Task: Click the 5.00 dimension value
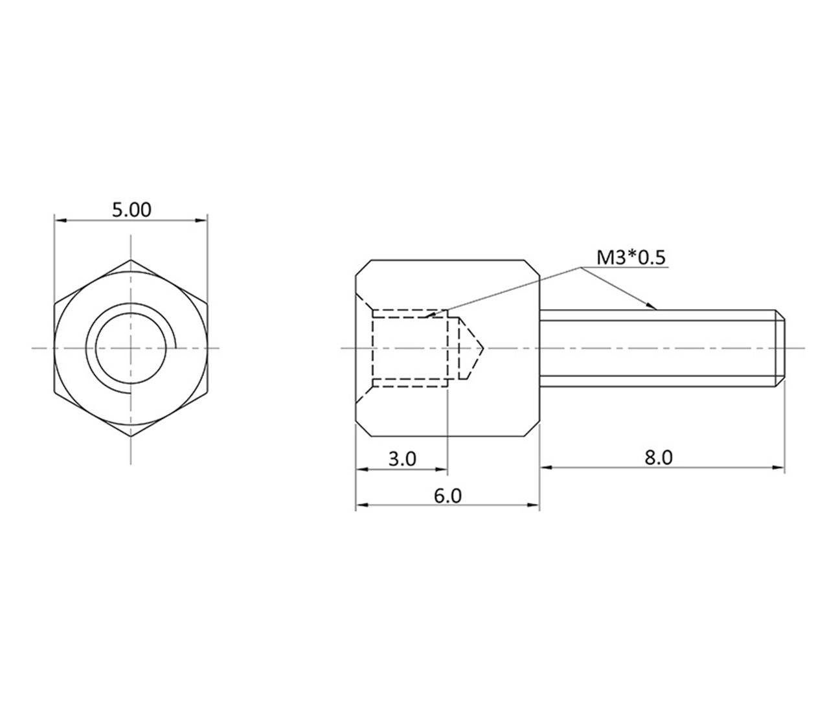coord(131,210)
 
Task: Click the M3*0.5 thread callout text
coord(631,258)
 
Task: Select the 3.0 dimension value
coord(402,459)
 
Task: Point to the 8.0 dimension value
coord(659,457)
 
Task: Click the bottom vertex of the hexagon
coord(131,436)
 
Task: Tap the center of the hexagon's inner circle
coord(131,349)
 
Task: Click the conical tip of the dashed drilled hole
coord(482,349)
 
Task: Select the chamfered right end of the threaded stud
coord(782,349)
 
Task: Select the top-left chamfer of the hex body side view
coord(363,268)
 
